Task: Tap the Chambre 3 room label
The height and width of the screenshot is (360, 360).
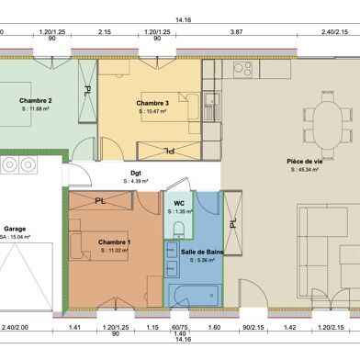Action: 152,103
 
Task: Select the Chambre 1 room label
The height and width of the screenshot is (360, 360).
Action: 115,242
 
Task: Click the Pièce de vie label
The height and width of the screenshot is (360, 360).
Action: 304,162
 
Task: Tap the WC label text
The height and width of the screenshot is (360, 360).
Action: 179,202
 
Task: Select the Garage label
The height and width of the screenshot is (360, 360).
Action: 14,229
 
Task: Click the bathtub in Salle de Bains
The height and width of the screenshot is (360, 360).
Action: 194,293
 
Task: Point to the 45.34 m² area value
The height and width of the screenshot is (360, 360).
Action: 304,170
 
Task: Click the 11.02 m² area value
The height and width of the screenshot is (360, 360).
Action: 115,250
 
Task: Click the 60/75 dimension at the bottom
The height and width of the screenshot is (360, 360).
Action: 179,326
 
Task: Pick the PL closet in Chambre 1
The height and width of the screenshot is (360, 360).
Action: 101,199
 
